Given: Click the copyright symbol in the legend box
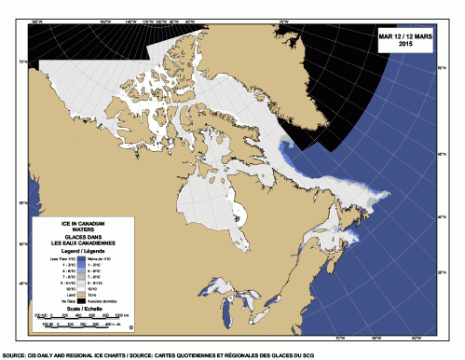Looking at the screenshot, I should tap(131, 327).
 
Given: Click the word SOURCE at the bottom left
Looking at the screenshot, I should tap(13, 355).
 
